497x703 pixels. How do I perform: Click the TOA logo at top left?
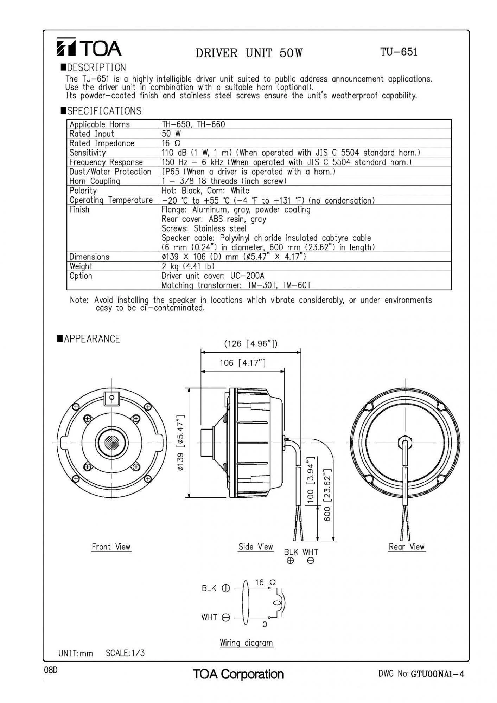point(89,47)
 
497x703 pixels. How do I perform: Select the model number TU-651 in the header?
point(399,52)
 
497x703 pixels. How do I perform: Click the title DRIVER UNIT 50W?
point(249,53)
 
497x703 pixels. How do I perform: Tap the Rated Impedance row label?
point(102,143)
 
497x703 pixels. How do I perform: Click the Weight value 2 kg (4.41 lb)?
point(188,266)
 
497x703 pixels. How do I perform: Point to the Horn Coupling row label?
point(94,181)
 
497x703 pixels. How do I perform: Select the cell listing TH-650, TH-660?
point(193,124)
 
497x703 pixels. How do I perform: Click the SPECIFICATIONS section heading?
point(104,111)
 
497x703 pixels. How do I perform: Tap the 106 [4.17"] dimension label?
point(242,362)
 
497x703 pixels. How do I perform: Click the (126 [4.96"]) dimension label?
point(251,343)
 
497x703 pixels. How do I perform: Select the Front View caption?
point(111,547)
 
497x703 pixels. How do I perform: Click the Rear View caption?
point(407,547)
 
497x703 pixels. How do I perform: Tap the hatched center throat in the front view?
point(112,443)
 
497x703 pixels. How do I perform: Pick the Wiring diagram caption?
point(246,643)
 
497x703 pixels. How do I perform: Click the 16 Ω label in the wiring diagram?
point(265,582)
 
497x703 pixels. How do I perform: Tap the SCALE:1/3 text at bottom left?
point(125,653)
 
